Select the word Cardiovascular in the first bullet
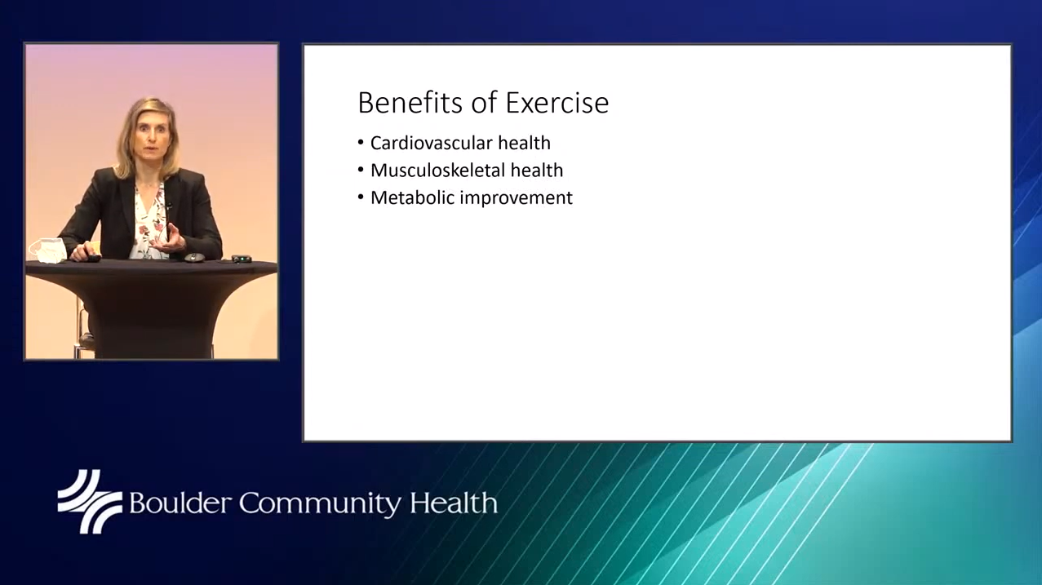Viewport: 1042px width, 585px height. pos(431,143)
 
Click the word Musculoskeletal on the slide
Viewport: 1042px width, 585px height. pos(437,171)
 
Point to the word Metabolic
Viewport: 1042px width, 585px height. pos(412,197)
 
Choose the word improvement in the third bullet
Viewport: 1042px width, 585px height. pos(516,198)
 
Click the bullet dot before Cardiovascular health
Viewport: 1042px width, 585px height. pos(361,142)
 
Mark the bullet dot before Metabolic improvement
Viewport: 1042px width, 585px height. pos(361,197)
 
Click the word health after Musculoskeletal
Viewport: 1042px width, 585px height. pos(537,171)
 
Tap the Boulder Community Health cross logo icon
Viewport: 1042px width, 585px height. pos(89,501)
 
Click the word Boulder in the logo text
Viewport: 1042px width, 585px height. pos(180,503)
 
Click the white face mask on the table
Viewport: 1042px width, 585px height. pos(48,250)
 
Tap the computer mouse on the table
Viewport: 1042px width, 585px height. pos(194,257)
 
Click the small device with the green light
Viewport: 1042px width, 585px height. pos(242,259)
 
